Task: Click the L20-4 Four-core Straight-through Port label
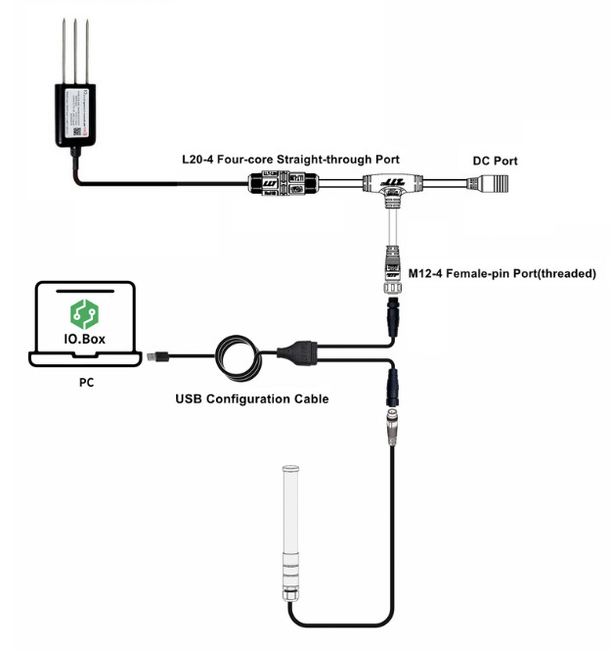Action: (x=290, y=160)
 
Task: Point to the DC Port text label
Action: (x=495, y=161)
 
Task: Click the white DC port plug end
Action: (x=496, y=183)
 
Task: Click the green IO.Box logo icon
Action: (x=83, y=314)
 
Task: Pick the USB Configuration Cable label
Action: (x=252, y=398)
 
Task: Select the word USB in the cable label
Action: (x=191, y=398)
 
